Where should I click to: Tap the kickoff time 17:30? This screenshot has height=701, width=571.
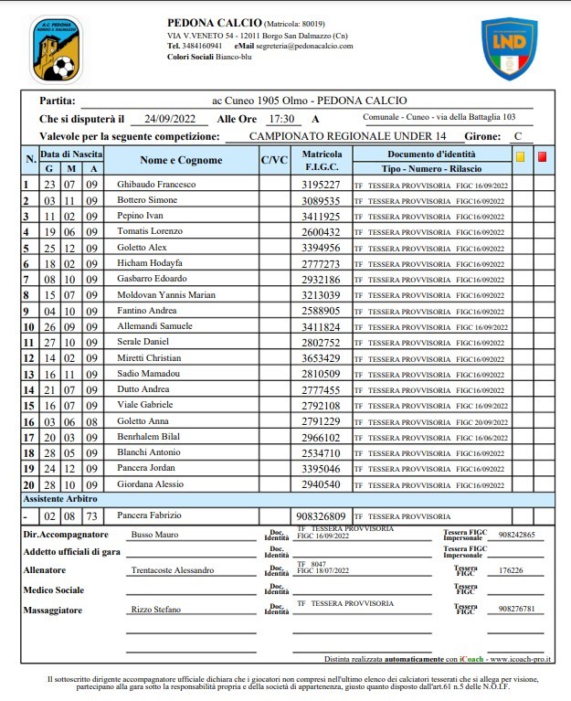(x=280, y=119)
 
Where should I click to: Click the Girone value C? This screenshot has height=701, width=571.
(x=518, y=136)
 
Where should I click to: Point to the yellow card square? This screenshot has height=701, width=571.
(x=520, y=156)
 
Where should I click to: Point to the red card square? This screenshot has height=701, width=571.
(x=542, y=156)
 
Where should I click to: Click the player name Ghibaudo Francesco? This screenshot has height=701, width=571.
(x=150, y=185)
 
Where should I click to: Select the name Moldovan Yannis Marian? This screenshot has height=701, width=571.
(x=166, y=294)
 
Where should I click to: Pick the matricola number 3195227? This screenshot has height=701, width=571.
(x=321, y=185)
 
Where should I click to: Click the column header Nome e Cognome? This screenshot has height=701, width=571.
(x=181, y=161)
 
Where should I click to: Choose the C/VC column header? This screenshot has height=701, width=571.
(x=274, y=161)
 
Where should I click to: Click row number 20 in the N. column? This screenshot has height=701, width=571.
(x=28, y=485)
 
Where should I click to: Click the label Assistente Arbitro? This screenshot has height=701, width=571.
(x=60, y=500)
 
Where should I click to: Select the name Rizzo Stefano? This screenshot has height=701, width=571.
(x=154, y=608)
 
